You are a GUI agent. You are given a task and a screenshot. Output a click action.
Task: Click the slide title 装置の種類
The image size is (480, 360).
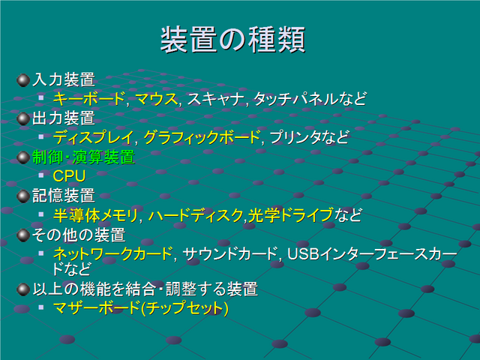pos(233,40)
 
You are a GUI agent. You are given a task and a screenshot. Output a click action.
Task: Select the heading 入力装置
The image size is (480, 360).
pos(64,79)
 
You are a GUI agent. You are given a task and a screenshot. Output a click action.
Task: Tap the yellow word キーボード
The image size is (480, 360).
pos(88,99)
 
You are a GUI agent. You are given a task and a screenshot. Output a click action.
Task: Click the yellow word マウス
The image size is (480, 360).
pos(156,99)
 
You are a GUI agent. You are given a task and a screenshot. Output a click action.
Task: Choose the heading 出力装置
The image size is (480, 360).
pos(64,118)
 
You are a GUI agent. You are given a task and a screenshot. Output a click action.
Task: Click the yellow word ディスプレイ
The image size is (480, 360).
pos(93,137)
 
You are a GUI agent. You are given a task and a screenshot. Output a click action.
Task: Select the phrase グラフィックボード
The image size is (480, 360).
pos(202,137)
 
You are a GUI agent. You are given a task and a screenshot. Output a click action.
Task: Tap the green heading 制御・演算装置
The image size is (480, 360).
pos(83,157)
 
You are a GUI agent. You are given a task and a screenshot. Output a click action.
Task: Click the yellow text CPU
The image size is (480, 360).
pos(69,176)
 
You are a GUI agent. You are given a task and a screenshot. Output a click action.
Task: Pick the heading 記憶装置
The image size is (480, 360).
pos(64,196)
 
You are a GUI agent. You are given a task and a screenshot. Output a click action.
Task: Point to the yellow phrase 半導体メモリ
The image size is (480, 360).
pos(95,215)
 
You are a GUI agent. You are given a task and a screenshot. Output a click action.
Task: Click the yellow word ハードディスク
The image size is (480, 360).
pos(196,215)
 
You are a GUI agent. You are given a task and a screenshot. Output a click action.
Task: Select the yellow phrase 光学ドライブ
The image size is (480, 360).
pos(290,215)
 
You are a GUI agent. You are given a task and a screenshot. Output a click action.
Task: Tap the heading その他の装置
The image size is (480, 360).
pos(79,235)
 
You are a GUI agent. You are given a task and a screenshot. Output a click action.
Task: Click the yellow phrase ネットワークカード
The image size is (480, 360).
pos(112,253)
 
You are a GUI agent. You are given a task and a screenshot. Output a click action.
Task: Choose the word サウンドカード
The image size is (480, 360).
pos(229,253)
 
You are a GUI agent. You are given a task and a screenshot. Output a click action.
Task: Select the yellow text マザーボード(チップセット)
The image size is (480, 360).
pos(141,308)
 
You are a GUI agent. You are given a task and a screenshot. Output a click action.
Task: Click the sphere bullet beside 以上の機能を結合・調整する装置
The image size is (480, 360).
pos(23,289)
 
